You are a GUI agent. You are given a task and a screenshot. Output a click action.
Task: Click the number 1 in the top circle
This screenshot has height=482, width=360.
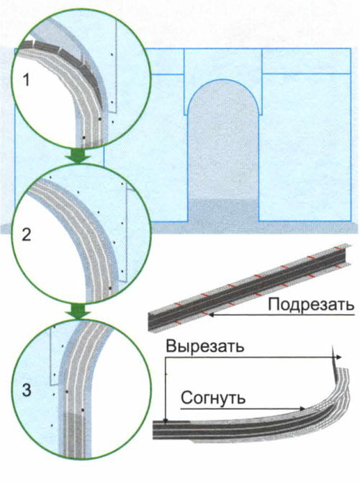point(27,80)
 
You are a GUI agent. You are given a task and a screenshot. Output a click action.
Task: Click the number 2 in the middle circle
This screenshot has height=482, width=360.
point(27,235)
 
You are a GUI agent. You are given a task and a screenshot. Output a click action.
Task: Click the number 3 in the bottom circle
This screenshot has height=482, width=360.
point(27,390)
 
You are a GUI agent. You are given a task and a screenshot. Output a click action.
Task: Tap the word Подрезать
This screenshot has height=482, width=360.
point(311,305)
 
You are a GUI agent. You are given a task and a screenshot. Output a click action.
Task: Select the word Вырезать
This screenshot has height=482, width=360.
point(205,347)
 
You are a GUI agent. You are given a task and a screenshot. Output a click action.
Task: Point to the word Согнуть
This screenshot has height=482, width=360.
point(213,398)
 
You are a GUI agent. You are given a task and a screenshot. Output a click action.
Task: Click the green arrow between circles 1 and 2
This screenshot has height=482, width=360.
point(78,156)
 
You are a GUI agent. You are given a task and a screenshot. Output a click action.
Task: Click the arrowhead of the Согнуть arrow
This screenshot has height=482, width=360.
point(302,409)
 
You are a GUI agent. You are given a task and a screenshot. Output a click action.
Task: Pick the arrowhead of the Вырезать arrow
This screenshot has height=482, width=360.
point(339,357)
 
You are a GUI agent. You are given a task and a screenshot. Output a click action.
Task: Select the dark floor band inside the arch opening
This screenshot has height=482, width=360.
point(222,210)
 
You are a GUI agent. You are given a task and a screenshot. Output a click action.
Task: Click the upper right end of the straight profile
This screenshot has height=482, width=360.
point(346,254)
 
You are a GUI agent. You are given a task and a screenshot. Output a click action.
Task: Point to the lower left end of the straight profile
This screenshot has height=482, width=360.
point(151,321)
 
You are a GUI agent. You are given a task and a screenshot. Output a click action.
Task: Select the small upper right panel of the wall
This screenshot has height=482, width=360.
point(306,61)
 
